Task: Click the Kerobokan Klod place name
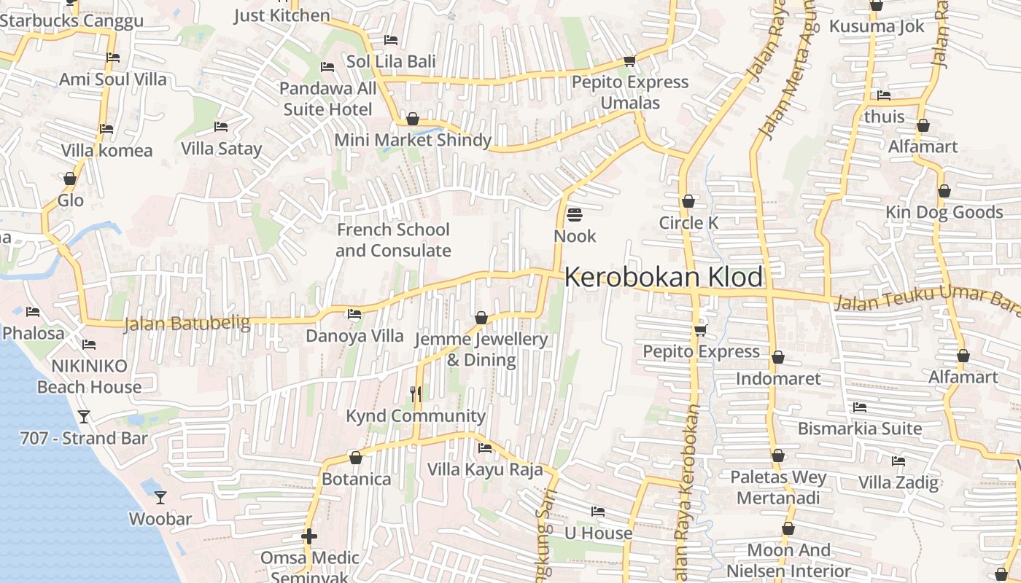[664, 278]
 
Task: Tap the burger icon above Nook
[575, 214]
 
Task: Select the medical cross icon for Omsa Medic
[309, 537]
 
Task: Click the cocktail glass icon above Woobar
[160, 498]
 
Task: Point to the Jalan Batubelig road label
[187, 323]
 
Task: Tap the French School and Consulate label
[393, 240]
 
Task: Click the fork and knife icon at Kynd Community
[416, 394]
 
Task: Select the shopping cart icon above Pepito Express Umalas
[629, 60]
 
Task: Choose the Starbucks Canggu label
[71, 20]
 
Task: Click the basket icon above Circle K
[688, 201]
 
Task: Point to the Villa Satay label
[221, 149]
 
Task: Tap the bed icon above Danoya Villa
[354, 314]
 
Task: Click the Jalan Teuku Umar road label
[926, 300]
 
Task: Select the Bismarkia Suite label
[860, 429]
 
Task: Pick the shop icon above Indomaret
[778, 357]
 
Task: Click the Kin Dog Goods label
[944, 212]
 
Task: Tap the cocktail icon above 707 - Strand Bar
[84, 416]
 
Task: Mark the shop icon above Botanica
[356, 458]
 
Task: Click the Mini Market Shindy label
[413, 140]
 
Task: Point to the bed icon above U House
[598, 512]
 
